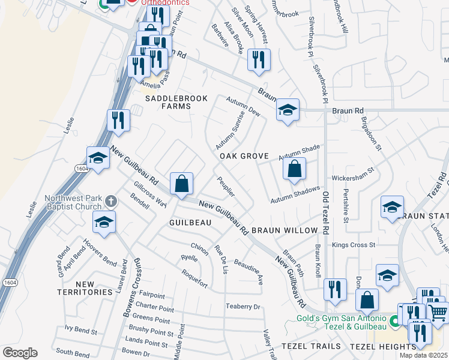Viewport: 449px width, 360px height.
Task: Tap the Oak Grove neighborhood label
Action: point(244,156)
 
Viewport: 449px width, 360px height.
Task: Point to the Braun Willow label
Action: point(285,230)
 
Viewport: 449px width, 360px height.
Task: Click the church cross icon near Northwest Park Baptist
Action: point(110,200)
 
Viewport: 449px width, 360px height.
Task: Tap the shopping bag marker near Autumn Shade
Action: point(294,169)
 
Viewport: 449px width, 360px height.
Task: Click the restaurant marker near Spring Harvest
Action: point(259,60)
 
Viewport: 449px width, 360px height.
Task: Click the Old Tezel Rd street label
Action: point(326,213)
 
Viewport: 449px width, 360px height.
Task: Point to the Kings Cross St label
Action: point(354,245)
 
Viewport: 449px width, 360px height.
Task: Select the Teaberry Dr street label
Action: point(243,307)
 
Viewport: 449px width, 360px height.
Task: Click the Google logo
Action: point(20,353)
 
